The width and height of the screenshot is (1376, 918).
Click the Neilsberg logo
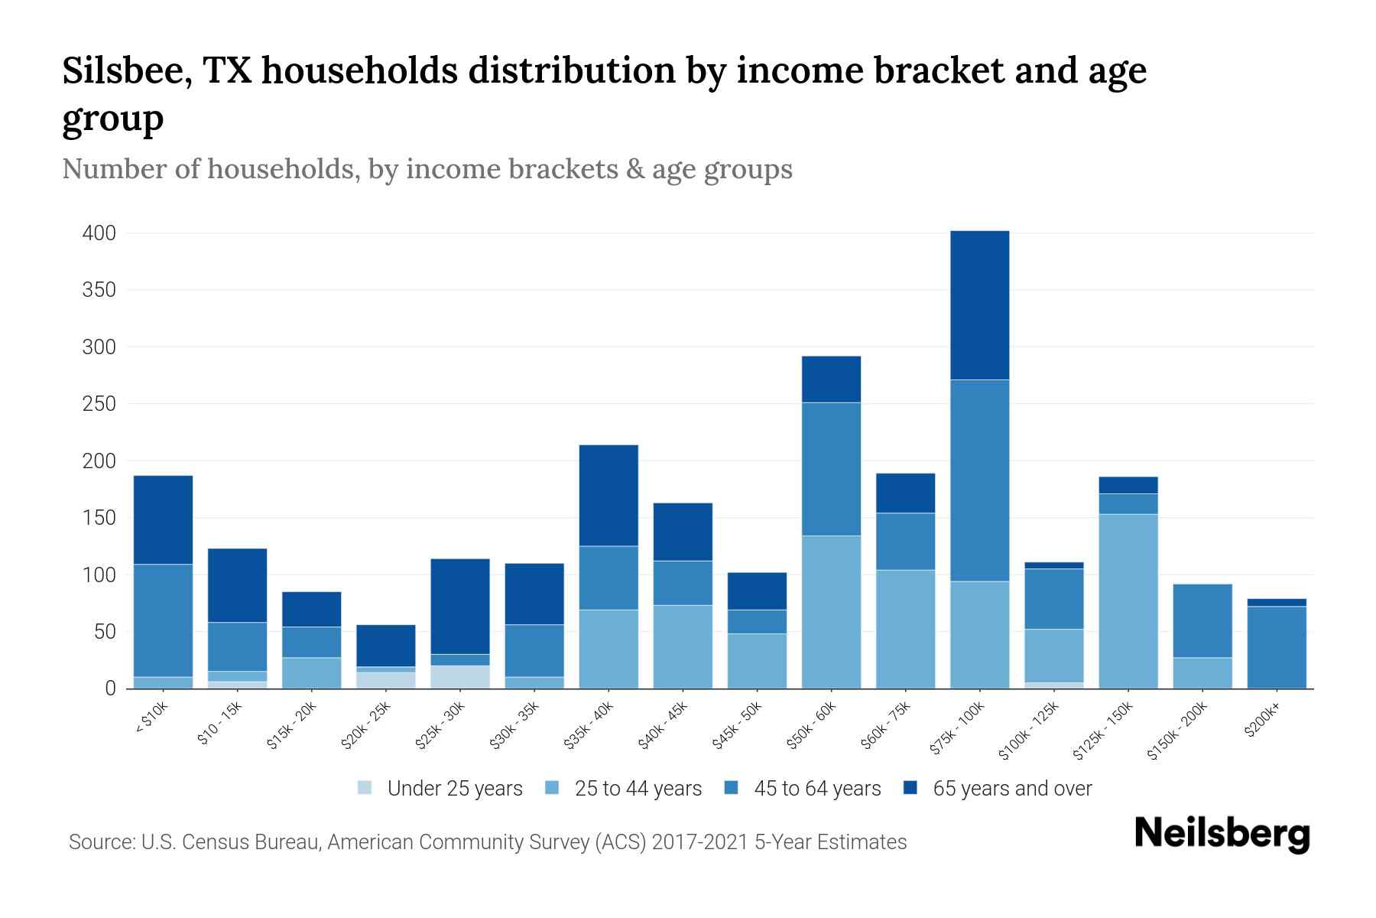pos(1222,834)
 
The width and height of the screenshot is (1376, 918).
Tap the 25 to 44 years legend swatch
pos(553,788)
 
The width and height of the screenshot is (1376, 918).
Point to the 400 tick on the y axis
pos(99,233)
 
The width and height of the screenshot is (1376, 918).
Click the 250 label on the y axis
pos(99,404)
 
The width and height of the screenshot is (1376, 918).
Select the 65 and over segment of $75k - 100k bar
pos(979,305)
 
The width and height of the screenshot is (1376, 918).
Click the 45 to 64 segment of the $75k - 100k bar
pos(979,480)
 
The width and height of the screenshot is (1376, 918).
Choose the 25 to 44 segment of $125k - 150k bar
pos(1128,601)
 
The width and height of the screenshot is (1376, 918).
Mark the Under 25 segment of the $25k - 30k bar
pos(460,677)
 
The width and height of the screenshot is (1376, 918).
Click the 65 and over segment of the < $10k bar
pos(163,520)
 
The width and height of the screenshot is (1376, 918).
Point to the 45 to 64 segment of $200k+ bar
pos(1277,647)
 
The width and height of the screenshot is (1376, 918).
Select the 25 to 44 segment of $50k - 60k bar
pos(831,612)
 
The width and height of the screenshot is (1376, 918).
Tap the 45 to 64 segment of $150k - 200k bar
pos(1202,621)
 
